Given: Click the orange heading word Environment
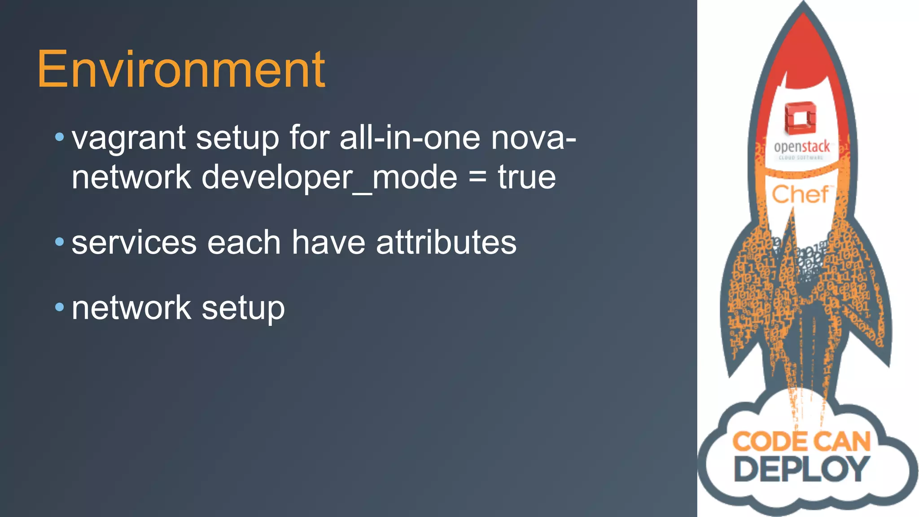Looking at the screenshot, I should [181, 70].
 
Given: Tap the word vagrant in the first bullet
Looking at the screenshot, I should [128, 138].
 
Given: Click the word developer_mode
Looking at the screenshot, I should [329, 178].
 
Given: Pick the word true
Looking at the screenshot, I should [526, 177].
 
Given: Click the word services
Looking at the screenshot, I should [134, 243].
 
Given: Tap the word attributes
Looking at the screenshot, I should [446, 242].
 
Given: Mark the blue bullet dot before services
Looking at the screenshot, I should [59, 242].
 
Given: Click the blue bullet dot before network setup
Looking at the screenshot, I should [59, 307].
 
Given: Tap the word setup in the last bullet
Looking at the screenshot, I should [243, 309].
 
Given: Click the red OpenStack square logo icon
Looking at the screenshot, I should [800, 118].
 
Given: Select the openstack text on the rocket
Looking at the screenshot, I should [801, 147].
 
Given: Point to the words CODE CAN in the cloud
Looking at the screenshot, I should [801, 442].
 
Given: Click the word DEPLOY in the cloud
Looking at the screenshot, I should [801, 469].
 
